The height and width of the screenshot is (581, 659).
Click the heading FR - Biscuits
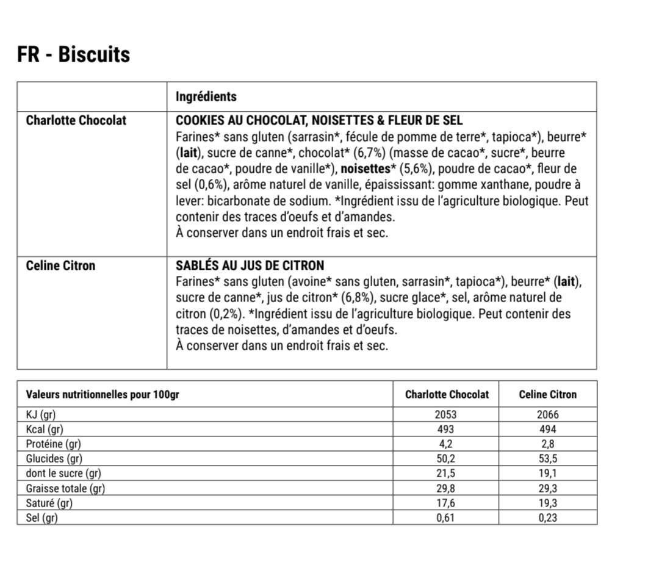pos(74,54)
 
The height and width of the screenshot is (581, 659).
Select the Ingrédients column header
pos(206,96)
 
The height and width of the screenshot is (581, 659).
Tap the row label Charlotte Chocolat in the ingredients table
pos(76,120)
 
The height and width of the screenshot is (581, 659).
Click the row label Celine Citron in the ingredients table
pos(60,265)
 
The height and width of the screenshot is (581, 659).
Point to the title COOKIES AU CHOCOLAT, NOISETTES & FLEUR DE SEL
pos(319,120)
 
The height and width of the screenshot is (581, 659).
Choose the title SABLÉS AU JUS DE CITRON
pos(250,265)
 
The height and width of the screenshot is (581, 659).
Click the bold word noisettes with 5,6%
pos(365,168)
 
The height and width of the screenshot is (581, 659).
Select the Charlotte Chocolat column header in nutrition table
pos(447,394)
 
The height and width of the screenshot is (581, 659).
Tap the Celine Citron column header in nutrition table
pos(547,394)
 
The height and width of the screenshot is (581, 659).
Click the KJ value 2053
pos(445,414)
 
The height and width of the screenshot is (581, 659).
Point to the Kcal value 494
pos(547,429)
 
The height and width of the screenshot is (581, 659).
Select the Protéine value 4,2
pos(445,444)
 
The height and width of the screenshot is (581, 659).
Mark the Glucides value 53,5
pos(547,458)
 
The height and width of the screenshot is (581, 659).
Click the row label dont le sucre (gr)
pos(63,473)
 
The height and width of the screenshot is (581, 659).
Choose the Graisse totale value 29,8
pos(445,488)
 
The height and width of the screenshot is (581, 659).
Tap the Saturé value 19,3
pos(547,503)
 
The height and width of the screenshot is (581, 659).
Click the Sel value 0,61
pos(445,518)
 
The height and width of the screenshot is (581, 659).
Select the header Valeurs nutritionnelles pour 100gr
pos(103,394)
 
